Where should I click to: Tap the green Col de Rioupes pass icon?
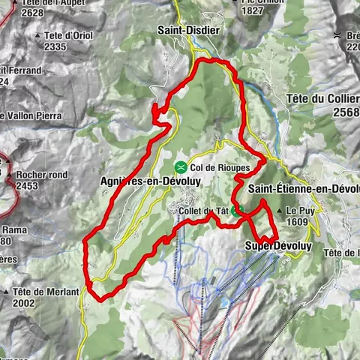181,166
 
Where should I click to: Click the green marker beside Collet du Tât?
236,211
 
